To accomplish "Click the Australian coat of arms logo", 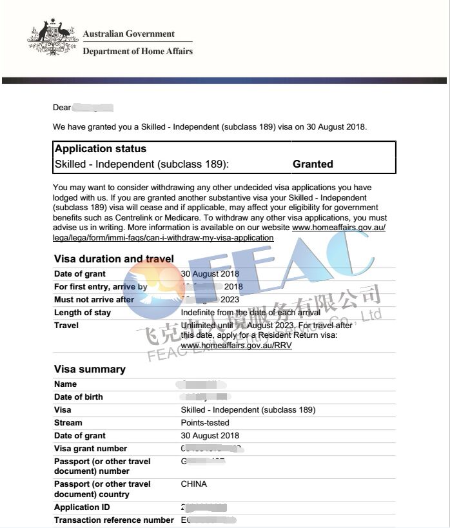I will (52, 40).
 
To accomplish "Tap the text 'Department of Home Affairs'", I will (137, 51).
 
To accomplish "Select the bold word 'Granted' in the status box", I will (313, 164).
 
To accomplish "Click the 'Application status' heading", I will (101, 149).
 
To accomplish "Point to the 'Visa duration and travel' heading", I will (114, 259).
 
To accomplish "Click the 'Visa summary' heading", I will (90, 369).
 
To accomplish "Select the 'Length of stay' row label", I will (83, 313).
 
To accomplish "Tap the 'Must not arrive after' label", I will (94, 300).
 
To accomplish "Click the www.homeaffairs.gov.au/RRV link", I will (236, 346).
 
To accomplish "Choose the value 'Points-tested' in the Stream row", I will (205, 423).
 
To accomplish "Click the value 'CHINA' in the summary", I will (194, 484).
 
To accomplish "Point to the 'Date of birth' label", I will (79, 397).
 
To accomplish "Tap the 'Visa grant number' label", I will (91, 449).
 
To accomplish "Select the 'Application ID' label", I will (82, 507).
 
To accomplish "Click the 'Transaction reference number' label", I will (114, 520).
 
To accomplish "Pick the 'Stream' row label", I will (68, 423).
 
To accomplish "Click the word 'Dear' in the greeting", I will (62, 108).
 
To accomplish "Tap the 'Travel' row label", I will (66, 326).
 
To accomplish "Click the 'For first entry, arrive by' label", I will (101, 287).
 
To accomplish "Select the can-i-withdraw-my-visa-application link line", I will (163, 237).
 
